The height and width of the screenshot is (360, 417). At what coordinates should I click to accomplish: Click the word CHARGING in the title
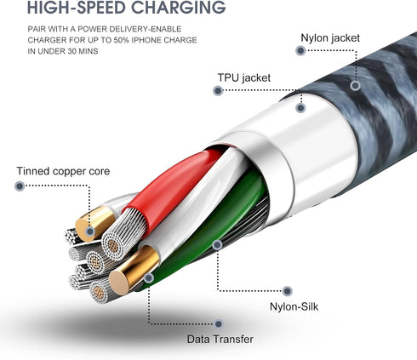179,7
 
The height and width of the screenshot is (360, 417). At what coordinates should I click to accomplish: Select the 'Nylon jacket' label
330,38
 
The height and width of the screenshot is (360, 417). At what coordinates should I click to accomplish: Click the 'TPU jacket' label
244,77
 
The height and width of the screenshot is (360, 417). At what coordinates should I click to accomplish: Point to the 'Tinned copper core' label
63,171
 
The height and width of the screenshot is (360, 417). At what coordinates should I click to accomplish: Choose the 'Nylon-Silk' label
294,306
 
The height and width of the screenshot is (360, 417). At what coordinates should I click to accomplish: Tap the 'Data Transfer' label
220,339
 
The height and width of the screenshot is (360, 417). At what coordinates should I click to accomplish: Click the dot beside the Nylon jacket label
300,51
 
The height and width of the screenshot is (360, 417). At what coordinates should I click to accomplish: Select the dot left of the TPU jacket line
218,91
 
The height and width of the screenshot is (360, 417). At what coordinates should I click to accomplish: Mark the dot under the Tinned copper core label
20,186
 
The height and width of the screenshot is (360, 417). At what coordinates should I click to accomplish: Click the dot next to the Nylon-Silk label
288,291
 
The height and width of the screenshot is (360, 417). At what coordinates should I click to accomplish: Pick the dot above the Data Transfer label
219,324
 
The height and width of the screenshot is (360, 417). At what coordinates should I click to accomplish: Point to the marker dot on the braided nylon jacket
355,85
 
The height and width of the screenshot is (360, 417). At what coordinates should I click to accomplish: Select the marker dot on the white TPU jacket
300,108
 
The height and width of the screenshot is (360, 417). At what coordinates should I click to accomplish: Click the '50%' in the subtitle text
122,40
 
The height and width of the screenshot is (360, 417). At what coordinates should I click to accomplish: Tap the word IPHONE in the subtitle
146,40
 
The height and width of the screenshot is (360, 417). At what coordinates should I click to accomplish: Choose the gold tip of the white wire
134,270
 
